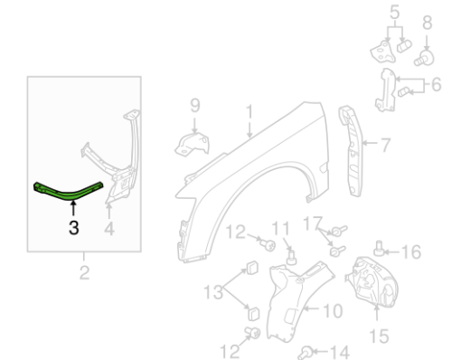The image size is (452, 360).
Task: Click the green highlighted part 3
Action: [x=68, y=193]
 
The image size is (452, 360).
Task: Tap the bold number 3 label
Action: [x=74, y=227]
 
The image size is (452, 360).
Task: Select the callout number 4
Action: [x=109, y=229]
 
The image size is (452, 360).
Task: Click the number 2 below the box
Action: [x=84, y=272]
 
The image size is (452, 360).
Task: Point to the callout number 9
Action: [x=195, y=105]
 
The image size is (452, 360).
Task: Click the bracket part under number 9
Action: [x=192, y=145]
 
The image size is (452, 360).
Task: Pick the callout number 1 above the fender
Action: [x=250, y=111]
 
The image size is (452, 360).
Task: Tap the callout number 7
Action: [x=385, y=145]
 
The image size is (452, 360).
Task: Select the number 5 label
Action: [x=394, y=13]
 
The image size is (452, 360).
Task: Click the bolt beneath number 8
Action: [x=424, y=58]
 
